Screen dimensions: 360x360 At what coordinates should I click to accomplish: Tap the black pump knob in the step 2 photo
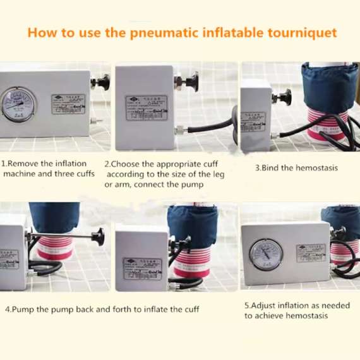click(189, 82)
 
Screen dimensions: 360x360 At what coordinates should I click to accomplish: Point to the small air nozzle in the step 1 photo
click(92, 119)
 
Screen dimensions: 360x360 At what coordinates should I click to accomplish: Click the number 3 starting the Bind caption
click(258, 168)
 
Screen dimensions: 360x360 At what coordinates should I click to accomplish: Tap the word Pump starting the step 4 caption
click(24, 310)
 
